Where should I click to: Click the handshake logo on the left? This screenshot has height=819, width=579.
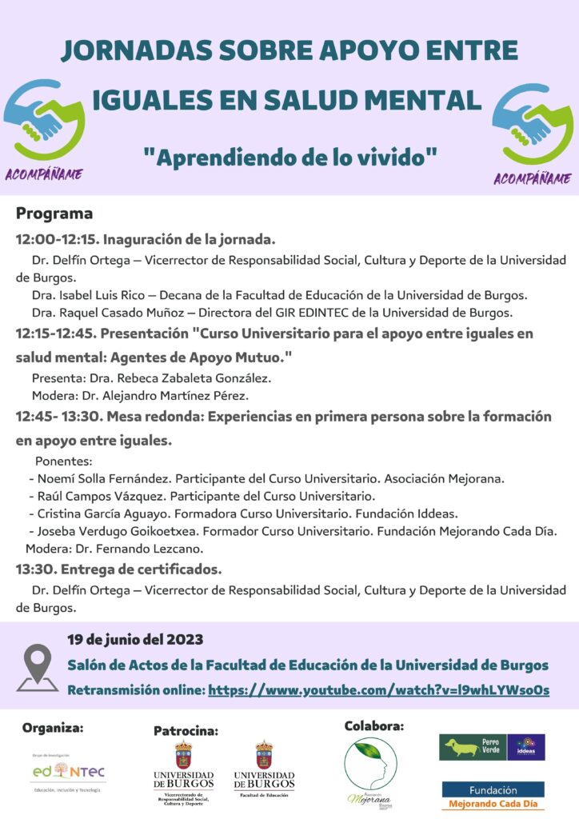click(x=44, y=120)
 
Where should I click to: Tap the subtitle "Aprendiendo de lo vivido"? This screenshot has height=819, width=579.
click(x=289, y=157)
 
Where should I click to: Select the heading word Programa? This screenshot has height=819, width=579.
click(x=54, y=214)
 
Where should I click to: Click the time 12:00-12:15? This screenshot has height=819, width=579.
click(x=55, y=239)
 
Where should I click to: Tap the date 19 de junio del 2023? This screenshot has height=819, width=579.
click(x=135, y=639)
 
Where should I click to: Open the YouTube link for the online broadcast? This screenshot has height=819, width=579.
click(x=378, y=689)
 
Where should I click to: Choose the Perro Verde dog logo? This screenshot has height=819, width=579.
click(x=472, y=747)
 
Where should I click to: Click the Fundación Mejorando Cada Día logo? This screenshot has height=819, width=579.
click(x=493, y=796)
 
